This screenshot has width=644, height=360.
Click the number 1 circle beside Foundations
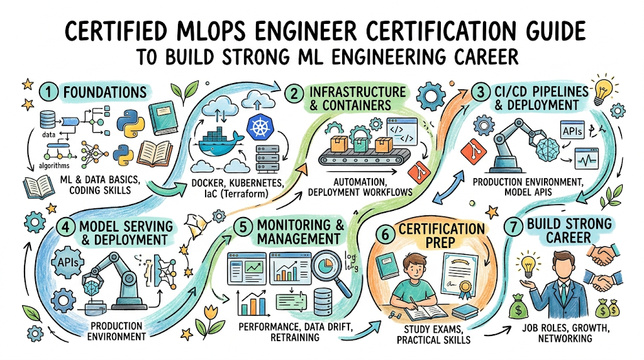[49, 93]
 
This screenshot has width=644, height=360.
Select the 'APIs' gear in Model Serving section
[68, 261]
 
